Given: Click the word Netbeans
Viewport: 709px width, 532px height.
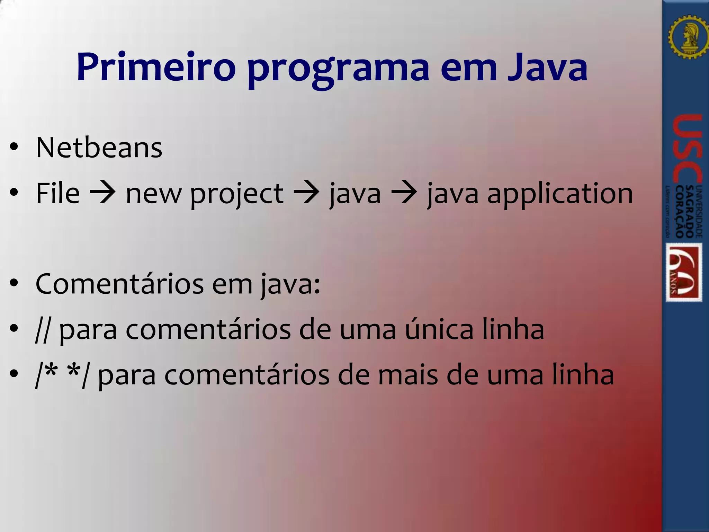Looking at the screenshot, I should coord(99,148).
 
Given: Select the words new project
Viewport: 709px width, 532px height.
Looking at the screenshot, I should coord(204,194).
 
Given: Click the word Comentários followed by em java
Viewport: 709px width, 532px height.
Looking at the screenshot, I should coord(119,284).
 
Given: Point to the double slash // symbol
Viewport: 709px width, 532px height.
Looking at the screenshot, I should coord(42,330).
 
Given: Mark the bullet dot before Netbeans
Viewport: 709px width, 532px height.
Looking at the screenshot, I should coord(14,148).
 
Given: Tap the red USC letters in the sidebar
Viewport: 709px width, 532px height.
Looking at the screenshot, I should coord(688,149).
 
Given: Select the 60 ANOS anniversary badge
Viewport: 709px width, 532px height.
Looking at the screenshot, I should coord(684,272).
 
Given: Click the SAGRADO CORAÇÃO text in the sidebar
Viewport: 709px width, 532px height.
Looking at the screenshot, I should coord(684,211).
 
